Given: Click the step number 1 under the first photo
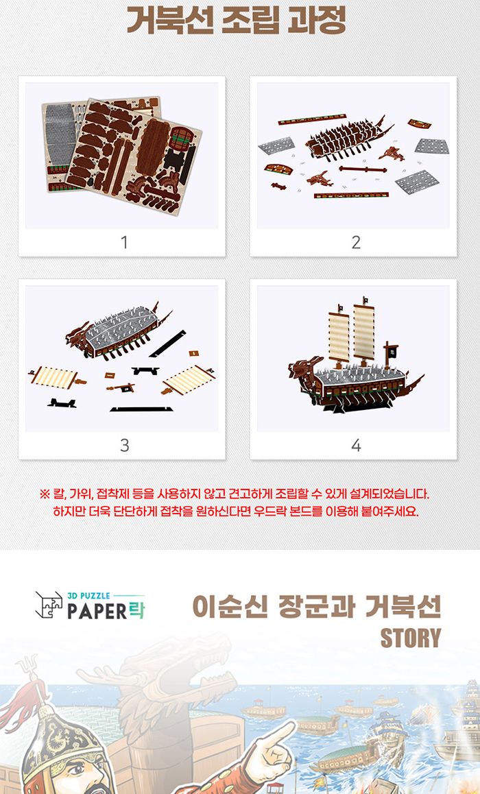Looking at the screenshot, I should coord(124,242).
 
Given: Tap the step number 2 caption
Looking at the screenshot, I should coord(356,242).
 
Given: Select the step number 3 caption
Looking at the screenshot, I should coord(124,445).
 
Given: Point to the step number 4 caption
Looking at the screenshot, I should coord(356,445).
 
